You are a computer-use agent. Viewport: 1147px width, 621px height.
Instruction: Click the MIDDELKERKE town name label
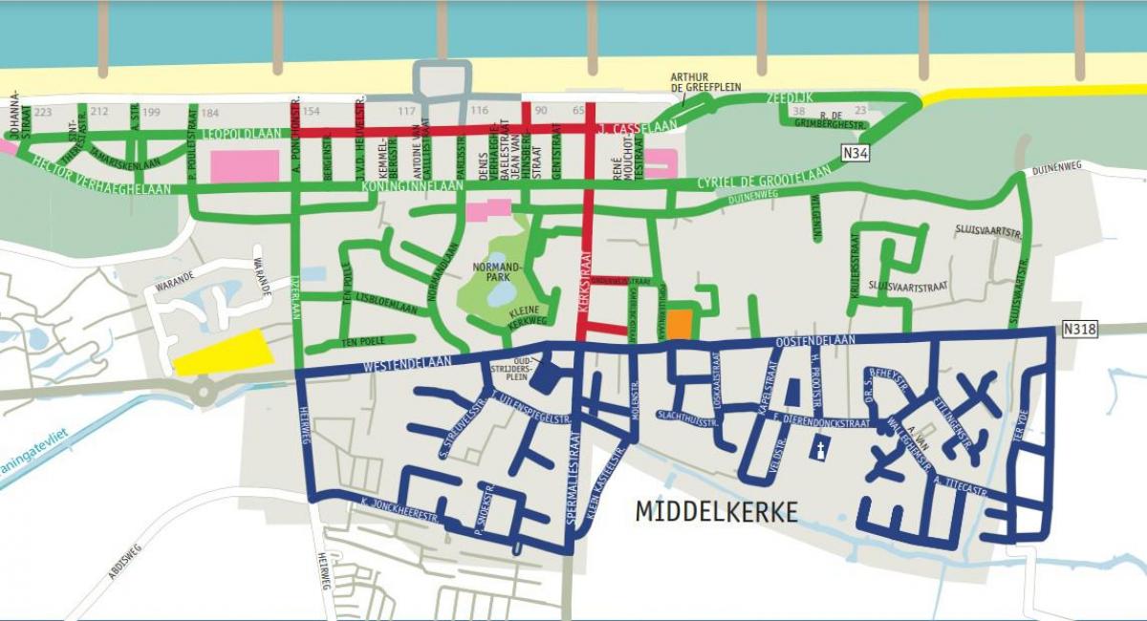[716, 512]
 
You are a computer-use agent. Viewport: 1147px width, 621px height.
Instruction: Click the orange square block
[679, 325]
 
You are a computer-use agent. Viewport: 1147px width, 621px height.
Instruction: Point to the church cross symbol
[819, 450]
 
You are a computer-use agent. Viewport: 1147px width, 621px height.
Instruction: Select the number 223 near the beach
[43, 112]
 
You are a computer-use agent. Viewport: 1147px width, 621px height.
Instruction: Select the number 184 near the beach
[210, 112]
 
